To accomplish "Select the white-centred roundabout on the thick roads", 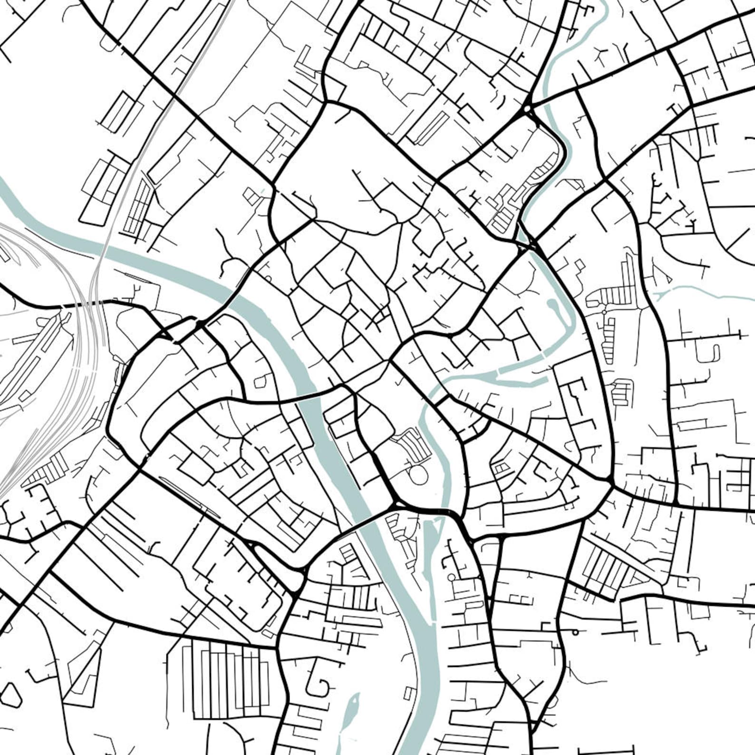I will pyautogui.click(x=528, y=110).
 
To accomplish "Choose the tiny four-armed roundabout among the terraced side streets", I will pyautogui.click(x=604, y=312).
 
